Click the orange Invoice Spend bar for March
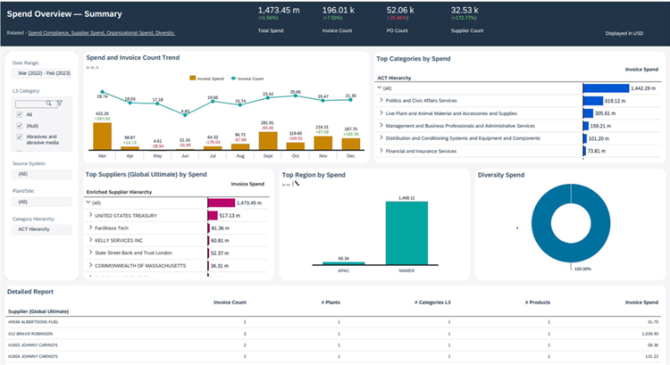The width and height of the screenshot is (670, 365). pyautogui.click(x=103, y=136)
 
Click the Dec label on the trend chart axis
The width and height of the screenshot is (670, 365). pyautogui.click(x=349, y=155)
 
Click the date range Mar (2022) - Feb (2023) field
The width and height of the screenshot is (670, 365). pyautogui.click(x=41, y=74)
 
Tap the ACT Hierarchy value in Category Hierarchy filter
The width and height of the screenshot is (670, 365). pyautogui.click(x=34, y=229)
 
